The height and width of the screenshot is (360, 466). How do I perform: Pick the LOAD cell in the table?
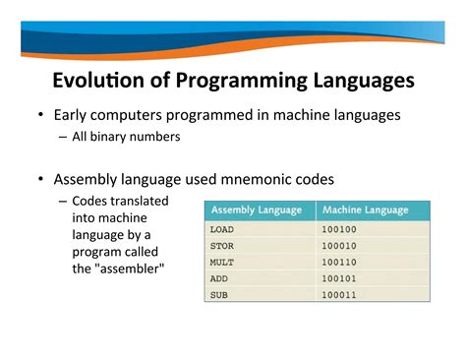pyautogui.click(x=221, y=228)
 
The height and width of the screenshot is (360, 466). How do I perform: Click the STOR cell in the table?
pyautogui.click(x=221, y=245)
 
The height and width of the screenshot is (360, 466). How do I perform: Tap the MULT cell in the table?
pyautogui.click(x=221, y=262)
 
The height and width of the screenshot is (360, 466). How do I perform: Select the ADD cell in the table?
pyautogui.click(x=218, y=278)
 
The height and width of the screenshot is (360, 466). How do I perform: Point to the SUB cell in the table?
pyautogui.click(x=218, y=294)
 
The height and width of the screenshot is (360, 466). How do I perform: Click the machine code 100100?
pyautogui.click(x=339, y=228)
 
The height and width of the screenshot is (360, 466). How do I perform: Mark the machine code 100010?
pyautogui.click(x=339, y=245)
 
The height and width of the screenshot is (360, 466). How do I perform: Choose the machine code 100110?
pyautogui.click(x=339, y=262)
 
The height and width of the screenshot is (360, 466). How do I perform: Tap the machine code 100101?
pyautogui.click(x=339, y=278)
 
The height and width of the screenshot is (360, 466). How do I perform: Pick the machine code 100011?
pyautogui.click(x=339, y=294)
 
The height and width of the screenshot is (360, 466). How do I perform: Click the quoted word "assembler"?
pyautogui.click(x=129, y=268)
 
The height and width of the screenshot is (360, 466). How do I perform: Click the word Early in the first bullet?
pyautogui.click(x=72, y=115)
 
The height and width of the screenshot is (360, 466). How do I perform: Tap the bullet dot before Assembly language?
pyautogui.click(x=40, y=179)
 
